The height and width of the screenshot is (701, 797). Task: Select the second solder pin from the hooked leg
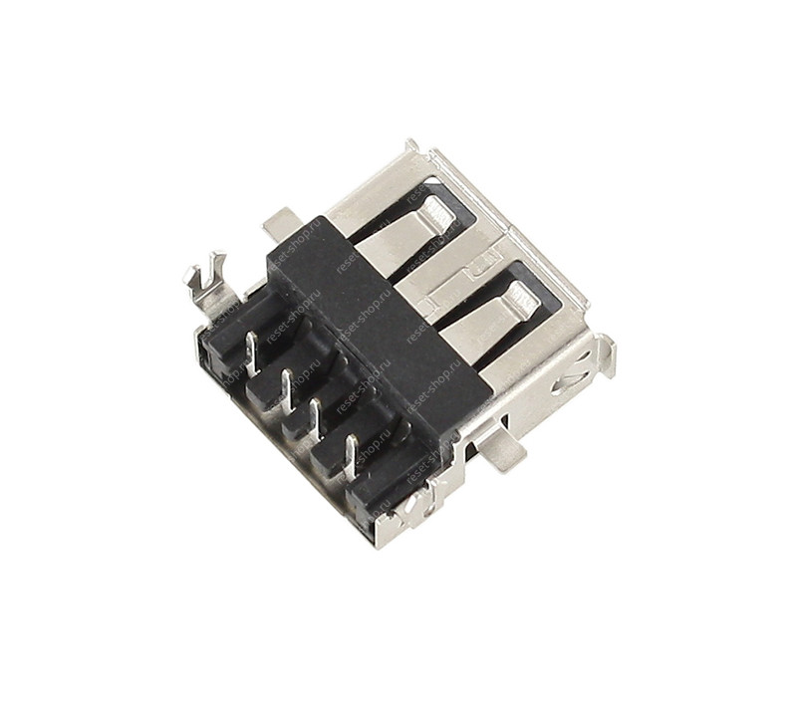pos(286,387)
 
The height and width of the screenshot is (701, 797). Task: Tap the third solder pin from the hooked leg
pos(317,418)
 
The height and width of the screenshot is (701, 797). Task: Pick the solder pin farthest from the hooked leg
pos(350,453)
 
